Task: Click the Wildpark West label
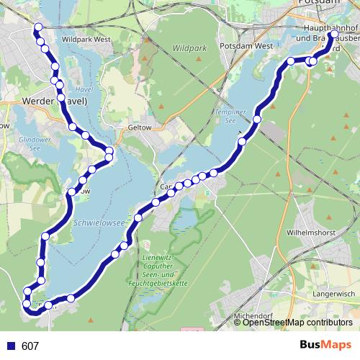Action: pyautogui.click(x=87, y=40)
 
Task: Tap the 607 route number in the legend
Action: pyautogui.click(x=30, y=346)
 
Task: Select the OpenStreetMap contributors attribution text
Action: pyautogui.click(x=297, y=323)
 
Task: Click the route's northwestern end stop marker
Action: pyautogui.click(x=37, y=28)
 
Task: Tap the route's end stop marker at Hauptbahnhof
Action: pyautogui.click(x=334, y=34)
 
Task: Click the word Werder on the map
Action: pyautogui.click(x=37, y=102)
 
